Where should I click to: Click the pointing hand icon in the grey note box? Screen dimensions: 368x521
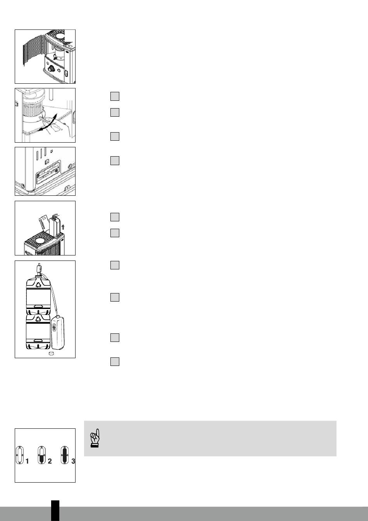coord(95,438)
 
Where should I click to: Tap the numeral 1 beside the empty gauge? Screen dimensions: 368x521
coord(27,461)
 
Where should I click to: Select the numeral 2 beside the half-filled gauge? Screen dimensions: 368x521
coord(50,461)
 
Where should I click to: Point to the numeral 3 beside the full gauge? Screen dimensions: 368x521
coord(73,461)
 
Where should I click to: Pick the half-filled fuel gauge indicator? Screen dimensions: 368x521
coord(41,455)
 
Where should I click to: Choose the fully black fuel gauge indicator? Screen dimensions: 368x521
coord(65,455)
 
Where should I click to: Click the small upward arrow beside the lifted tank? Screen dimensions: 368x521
coord(63,227)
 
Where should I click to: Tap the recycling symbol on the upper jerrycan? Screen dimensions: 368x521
coord(38,284)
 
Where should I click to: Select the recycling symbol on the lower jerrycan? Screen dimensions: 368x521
coord(38,319)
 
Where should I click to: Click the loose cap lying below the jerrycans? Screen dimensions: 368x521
coord(51,354)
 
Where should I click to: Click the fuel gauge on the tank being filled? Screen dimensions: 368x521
coord(54,328)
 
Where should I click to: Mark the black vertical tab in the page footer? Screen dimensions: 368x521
coord(55,511)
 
